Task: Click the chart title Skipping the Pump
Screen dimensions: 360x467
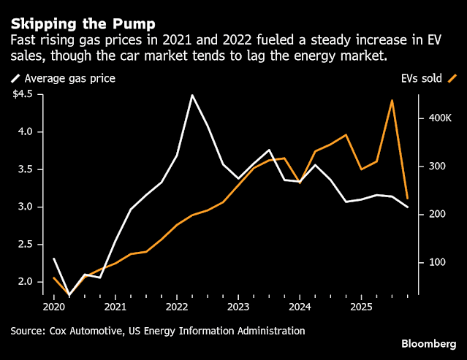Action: coord(77,15)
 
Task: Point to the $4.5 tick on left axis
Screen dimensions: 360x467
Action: coord(29,93)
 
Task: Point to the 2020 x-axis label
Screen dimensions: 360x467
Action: coord(53,307)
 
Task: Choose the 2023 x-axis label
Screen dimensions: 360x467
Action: coord(238,307)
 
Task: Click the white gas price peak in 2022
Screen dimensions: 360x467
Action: coord(192,95)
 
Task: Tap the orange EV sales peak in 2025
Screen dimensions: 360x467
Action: coord(392,100)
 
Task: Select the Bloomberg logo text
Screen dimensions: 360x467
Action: coord(428,343)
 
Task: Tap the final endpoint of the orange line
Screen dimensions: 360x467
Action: coord(408,198)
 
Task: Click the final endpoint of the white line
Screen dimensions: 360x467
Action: coord(408,207)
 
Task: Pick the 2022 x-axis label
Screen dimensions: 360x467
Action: coord(177,307)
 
